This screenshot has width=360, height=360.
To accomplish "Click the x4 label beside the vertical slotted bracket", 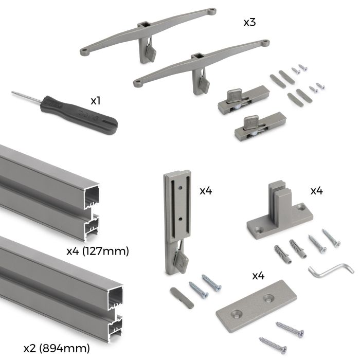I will coord(206,191).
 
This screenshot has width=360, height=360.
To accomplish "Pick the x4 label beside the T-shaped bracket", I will coord(316,191).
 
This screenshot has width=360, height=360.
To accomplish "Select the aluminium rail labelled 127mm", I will coord(46,193).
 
